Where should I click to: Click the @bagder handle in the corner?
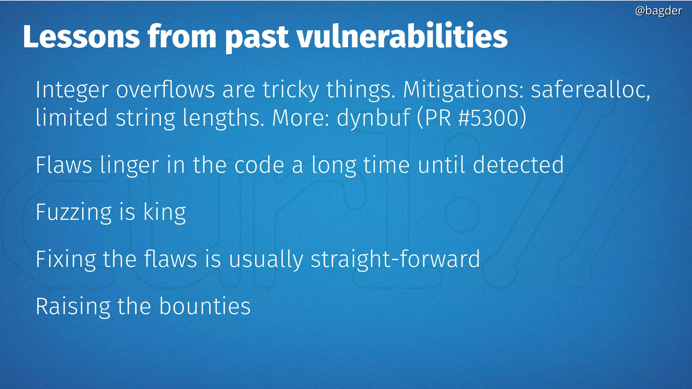pos(658,11)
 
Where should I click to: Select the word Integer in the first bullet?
pos(72,90)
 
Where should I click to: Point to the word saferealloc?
pos(590,90)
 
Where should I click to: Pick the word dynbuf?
pos(373,118)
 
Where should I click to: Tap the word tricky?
pos(291,90)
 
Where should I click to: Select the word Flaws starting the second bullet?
pos(64,165)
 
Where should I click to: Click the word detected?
pos(518,165)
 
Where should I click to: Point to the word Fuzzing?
pos(73,213)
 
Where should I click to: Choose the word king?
pos(165,213)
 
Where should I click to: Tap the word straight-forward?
pos(395,260)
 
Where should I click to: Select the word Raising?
pos(73,307)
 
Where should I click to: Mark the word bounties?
pos(205,307)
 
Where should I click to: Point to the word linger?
pos(129,165)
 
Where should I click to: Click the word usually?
pos(266,260)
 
